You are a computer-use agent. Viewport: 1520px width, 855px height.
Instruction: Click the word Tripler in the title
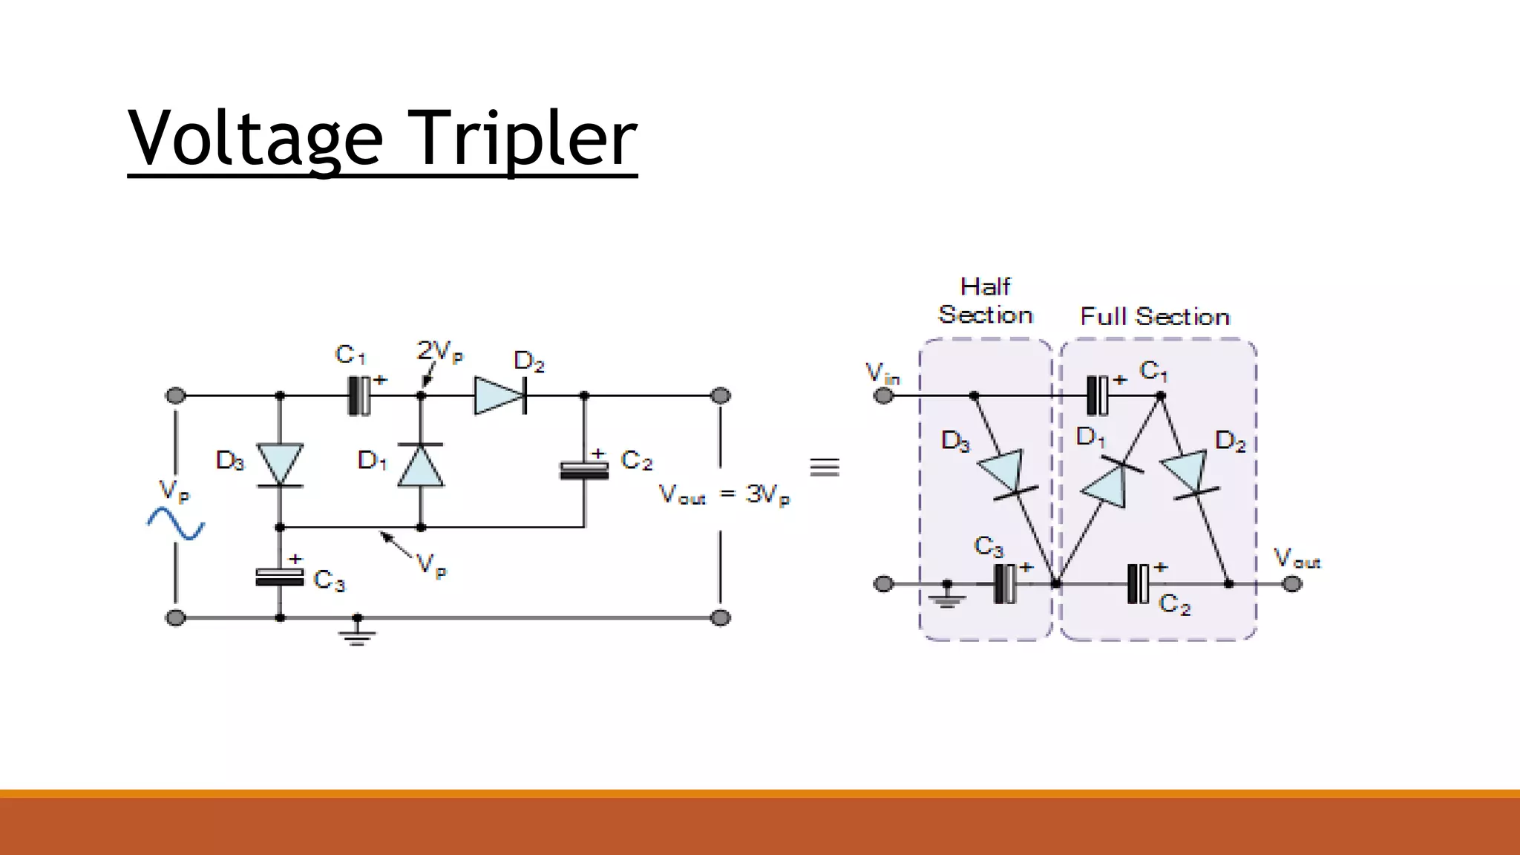[x=523, y=138]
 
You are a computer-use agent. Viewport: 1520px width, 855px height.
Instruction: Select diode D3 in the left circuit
[x=280, y=465]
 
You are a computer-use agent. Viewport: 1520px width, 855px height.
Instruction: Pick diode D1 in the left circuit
[x=421, y=465]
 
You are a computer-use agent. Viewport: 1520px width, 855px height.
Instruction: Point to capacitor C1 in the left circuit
[x=359, y=396]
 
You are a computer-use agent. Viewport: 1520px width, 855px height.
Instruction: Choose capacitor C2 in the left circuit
[x=584, y=470]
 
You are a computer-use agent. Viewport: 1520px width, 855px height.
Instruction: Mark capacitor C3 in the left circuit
[x=280, y=577]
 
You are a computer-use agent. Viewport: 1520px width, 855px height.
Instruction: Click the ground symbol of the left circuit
[x=357, y=632]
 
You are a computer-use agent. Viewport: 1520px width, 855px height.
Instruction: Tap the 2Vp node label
[x=439, y=351]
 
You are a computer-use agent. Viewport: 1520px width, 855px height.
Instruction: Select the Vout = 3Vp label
[x=724, y=494]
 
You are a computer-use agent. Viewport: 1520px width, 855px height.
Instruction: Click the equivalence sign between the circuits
[x=825, y=467]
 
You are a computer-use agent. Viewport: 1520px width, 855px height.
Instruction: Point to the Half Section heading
[x=985, y=301]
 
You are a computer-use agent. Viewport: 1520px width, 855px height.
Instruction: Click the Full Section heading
[x=1155, y=317]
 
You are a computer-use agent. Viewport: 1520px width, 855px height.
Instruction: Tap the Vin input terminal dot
[x=883, y=396]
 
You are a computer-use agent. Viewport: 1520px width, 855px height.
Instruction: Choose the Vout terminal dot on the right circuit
[x=1292, y=584]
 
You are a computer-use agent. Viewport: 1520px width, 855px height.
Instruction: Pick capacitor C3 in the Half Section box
[x=1006, y=583]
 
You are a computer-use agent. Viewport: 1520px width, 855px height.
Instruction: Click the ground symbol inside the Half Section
[x=946, y=596]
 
